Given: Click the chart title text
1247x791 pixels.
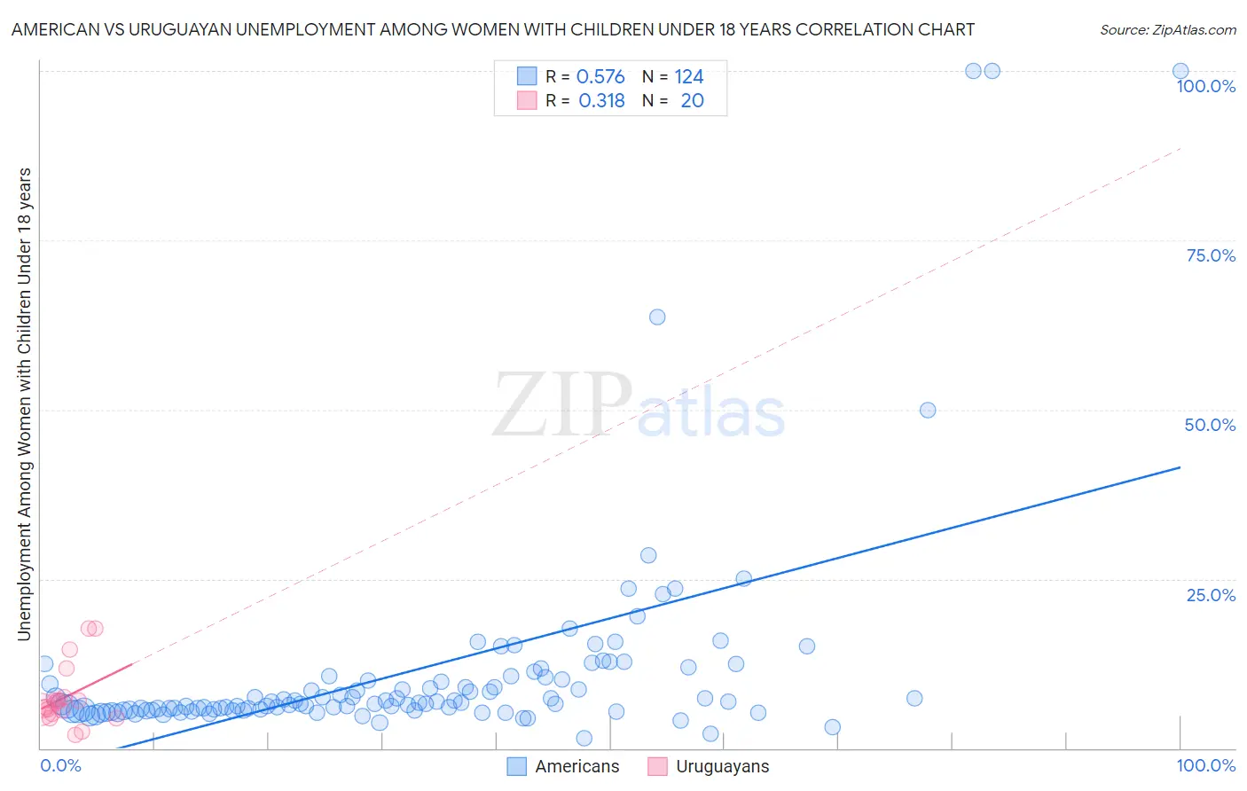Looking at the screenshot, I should [492, 29].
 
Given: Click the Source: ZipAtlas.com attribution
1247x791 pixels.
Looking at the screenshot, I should [1167, 29].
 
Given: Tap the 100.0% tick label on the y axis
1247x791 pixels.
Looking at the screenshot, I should [1205, 86].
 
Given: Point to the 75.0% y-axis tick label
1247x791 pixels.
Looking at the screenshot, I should [1211, 255].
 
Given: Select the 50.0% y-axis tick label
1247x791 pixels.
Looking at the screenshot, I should [1210, 425].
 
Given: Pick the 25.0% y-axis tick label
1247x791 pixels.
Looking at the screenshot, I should [1211, 594].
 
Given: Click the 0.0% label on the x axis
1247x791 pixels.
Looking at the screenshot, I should [60, 765].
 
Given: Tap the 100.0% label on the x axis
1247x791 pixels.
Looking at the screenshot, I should [1205, 765].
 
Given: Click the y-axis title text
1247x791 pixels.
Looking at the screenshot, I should [24, 403].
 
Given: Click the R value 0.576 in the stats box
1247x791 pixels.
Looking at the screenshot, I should [600, 77].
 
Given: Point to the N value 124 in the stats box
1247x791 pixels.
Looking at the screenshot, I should [689, 77].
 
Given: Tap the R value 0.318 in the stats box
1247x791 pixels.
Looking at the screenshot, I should [601, 101].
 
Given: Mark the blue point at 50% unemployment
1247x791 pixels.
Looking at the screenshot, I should [928, 410].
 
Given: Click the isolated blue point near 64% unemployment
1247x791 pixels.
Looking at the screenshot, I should [657, 317].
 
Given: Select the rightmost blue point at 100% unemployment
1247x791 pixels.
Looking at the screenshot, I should [1180, 71].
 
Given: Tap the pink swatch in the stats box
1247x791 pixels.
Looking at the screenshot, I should [527, 100].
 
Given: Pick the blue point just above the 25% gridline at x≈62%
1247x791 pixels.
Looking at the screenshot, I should [743, 578].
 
